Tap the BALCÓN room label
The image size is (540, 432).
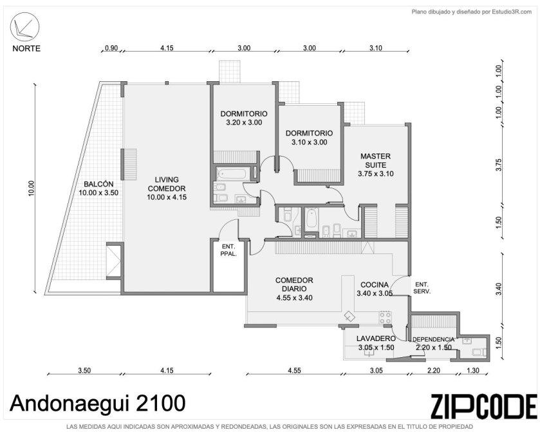tap(98, 184)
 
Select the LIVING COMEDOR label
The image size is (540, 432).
tap(167, 184)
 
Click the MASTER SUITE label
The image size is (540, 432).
tap(375, 161)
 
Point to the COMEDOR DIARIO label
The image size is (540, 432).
tap(294, 284)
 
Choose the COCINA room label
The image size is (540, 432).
tap(375, 284)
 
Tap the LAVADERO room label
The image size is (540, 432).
tap(376, 339)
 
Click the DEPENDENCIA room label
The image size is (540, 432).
tap(433, 339)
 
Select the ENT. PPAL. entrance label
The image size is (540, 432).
tap(228, 250)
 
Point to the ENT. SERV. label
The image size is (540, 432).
tap(422, 288)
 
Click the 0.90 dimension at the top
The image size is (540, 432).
tap(111, 48)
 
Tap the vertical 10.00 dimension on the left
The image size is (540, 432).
tap(32, 188)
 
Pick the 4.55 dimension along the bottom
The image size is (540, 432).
tap(294, 371)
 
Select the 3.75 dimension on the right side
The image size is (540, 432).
tap(498, 164)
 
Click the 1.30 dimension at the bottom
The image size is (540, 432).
tap(472, 371)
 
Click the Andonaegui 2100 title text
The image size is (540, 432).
tap(98, 403)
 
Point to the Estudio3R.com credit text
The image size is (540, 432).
tap(512, 12)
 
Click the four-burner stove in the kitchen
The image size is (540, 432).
tap(385, 317)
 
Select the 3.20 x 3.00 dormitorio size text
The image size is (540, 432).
tap(244, 123)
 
